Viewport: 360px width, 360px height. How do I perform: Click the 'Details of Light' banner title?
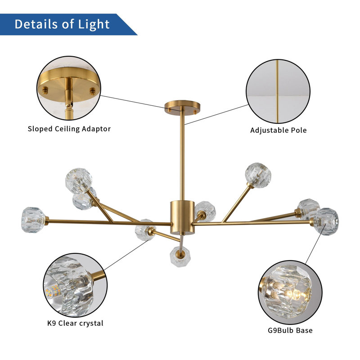[x=62, y=24]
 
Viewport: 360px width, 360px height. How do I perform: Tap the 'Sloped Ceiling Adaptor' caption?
[x=69, y=129]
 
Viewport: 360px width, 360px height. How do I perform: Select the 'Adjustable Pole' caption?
[x=279, y=130]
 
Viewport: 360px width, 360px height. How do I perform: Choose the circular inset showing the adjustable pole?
[x=278, y=91]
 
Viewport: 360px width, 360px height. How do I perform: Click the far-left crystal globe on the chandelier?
[x=34, y=218]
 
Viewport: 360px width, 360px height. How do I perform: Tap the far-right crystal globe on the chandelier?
[x=326, y=221]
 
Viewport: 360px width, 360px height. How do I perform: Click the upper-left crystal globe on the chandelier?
[x=78, y=180]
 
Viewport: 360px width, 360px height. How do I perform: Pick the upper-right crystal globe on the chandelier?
[x=257, y=174]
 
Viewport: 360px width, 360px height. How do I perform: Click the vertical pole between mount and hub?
[x=182, y=157]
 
